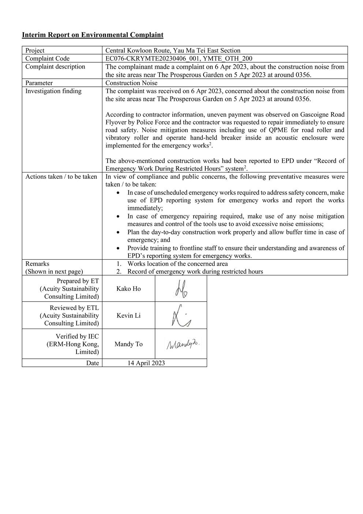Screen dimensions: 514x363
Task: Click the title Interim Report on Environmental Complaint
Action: (93, 35)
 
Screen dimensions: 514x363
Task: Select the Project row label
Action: (35, 51)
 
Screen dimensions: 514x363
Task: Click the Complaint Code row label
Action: (47, 59)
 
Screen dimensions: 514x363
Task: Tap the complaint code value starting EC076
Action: (179, 59)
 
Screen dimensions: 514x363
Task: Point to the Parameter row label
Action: (39, 83)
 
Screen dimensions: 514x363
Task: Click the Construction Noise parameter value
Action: (131, 83)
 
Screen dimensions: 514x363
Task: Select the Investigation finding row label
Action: (53, 91)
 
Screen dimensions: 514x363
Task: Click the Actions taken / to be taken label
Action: (61, 177)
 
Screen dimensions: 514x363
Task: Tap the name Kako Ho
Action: (128, 289)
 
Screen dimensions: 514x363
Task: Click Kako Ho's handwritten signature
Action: (180, 289)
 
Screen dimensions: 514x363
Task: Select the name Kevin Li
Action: (128, 315)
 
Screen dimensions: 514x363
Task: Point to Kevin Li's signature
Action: (181, 315)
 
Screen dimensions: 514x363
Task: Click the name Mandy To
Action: (128, 344)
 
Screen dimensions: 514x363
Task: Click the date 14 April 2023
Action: (146, 363)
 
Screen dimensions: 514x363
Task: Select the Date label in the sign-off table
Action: (93, 363)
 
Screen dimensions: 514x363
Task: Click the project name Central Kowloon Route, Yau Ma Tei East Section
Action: (173, 51)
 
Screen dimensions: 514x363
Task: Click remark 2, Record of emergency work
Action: (195, 271)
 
